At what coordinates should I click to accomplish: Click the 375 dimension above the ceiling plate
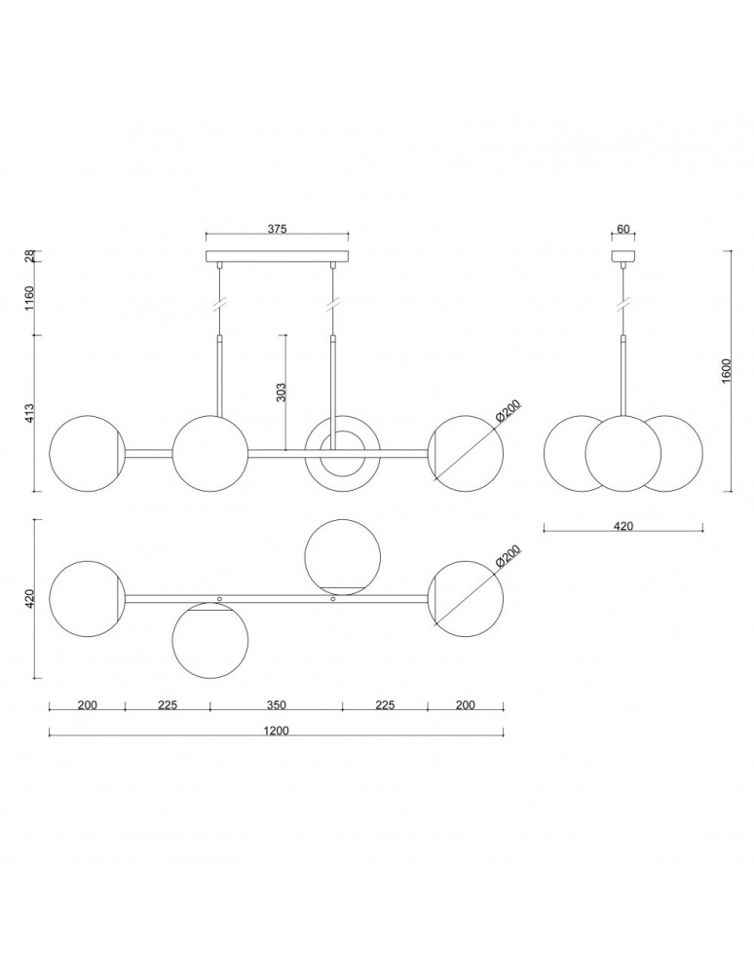[277, 229]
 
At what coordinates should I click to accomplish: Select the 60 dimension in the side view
[623, 230]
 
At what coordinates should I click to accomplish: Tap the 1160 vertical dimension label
[29, 296]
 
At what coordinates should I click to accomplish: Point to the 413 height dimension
[29, 414]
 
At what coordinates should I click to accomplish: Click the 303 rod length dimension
[281, 392]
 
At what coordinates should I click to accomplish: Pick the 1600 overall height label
[726, 370]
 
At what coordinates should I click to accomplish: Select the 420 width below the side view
[623, 526]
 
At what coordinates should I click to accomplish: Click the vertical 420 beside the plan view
[29, 597]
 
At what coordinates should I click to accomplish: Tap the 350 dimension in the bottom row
[277, 705]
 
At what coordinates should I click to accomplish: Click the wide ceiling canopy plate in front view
[277, 258]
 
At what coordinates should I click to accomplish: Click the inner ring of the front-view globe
[342, 453]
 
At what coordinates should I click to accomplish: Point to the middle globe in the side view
[623, 453]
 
